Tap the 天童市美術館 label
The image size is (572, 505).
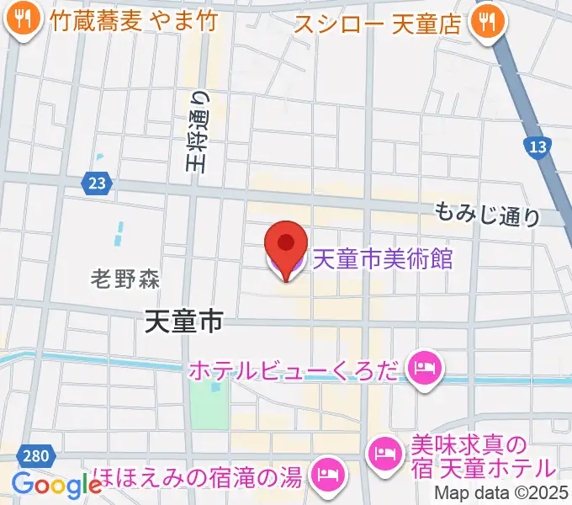click(382, 258)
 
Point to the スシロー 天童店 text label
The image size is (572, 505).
click(379, 23)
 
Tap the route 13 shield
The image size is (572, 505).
click(538, 147)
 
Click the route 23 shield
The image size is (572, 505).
click(95, 182)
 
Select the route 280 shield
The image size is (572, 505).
click(35, 456)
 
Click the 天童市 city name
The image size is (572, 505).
click(183, 320)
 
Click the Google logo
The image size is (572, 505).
click(57, 485)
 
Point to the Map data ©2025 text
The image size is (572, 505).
click(501, 493)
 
